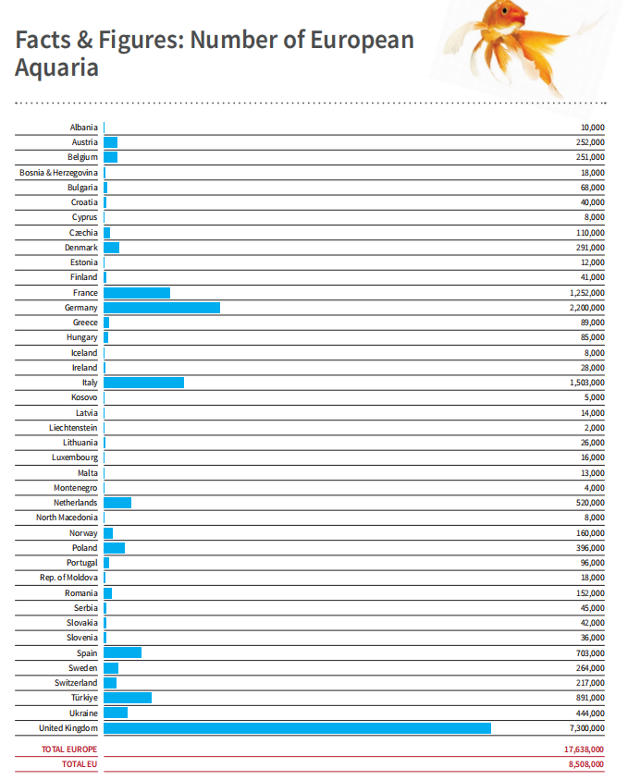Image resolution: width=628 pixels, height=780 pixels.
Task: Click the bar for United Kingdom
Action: (x=297, y=728)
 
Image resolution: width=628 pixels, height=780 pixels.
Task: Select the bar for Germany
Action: (x=162, y=308)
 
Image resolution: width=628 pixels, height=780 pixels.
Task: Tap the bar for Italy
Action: (x=143, y=383)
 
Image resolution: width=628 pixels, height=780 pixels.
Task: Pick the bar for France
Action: (x=137, y=293)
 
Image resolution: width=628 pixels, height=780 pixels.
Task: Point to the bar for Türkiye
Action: (x=128, y=698)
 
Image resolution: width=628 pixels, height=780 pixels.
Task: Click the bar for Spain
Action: (x=122, y=652)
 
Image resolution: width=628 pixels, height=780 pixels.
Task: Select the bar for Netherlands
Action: (x=117, y=503)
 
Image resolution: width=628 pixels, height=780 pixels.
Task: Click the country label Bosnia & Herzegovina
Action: (x=58, y=173)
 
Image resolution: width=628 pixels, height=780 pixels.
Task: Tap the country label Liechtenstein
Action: (x=73, y=428)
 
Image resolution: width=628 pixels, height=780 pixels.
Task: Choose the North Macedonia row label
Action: (x=67, y=518)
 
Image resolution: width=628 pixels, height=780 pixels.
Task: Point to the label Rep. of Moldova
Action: (x=68, y=578)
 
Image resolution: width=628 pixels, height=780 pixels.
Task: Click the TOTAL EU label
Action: (x=79, y=764)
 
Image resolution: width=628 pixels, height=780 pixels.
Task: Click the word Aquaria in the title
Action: (x=56, y=67)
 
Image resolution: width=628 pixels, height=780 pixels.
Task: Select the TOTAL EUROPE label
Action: (x=69, y=750)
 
